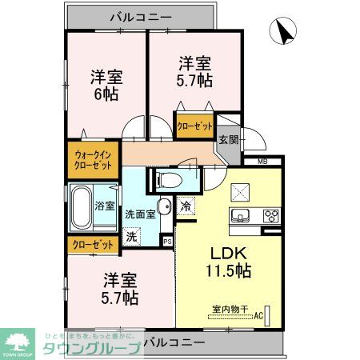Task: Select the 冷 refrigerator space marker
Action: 186,205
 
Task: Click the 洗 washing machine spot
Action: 133,237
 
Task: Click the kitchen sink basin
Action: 241,215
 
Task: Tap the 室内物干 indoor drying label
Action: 230,308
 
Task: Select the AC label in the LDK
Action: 259,316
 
